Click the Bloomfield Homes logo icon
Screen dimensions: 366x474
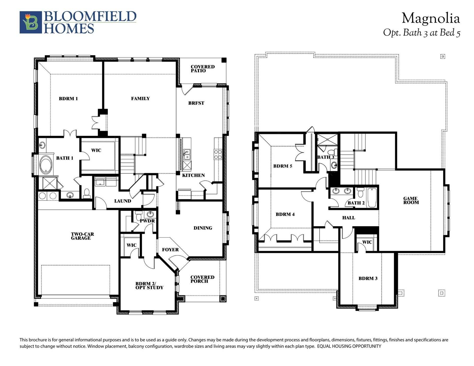pyautogui.click(x=31, y=22)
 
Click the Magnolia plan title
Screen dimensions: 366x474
pyautogui.click(x=431, y=19)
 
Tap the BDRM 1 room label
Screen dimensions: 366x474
pyautogui.click(x=68, y=99)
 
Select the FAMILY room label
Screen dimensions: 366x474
pyautogui.click(x=140, y=99)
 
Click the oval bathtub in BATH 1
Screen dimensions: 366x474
pyautogui.click(x=46, y=165)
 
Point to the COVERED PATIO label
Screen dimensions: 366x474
pyautogui.click(x=202, y=69)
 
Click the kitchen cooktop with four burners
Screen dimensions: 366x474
pyautogui.click(x=218, y=154)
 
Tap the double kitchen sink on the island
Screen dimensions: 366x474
pyautogui.click(x=187, y=154)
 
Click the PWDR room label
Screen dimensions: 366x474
pyautogui.click(x=147, y=221)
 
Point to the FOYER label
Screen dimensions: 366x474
pyautogui.click(x=170, y=250)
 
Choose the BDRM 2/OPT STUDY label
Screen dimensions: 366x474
pyautogui.click(x=149, y=286)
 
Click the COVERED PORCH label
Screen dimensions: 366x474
pyautogui.click(x=202, y=279)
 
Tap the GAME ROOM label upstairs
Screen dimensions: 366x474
pyautogui.click(x=411, y=201)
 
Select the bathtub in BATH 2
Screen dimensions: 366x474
pyautogui.click(x=372, y=198)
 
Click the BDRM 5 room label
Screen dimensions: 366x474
pyautogui.click(x=283, y=166)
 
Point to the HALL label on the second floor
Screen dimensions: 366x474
pyautogui.click(x=348, y=218)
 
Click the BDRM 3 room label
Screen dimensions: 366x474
pyautogui.click(x=368, y=278)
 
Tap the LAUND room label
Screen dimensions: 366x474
pyautogui.click(x=123, y=201)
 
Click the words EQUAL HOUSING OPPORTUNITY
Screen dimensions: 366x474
pyautogui.click(x=349, y=346)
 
